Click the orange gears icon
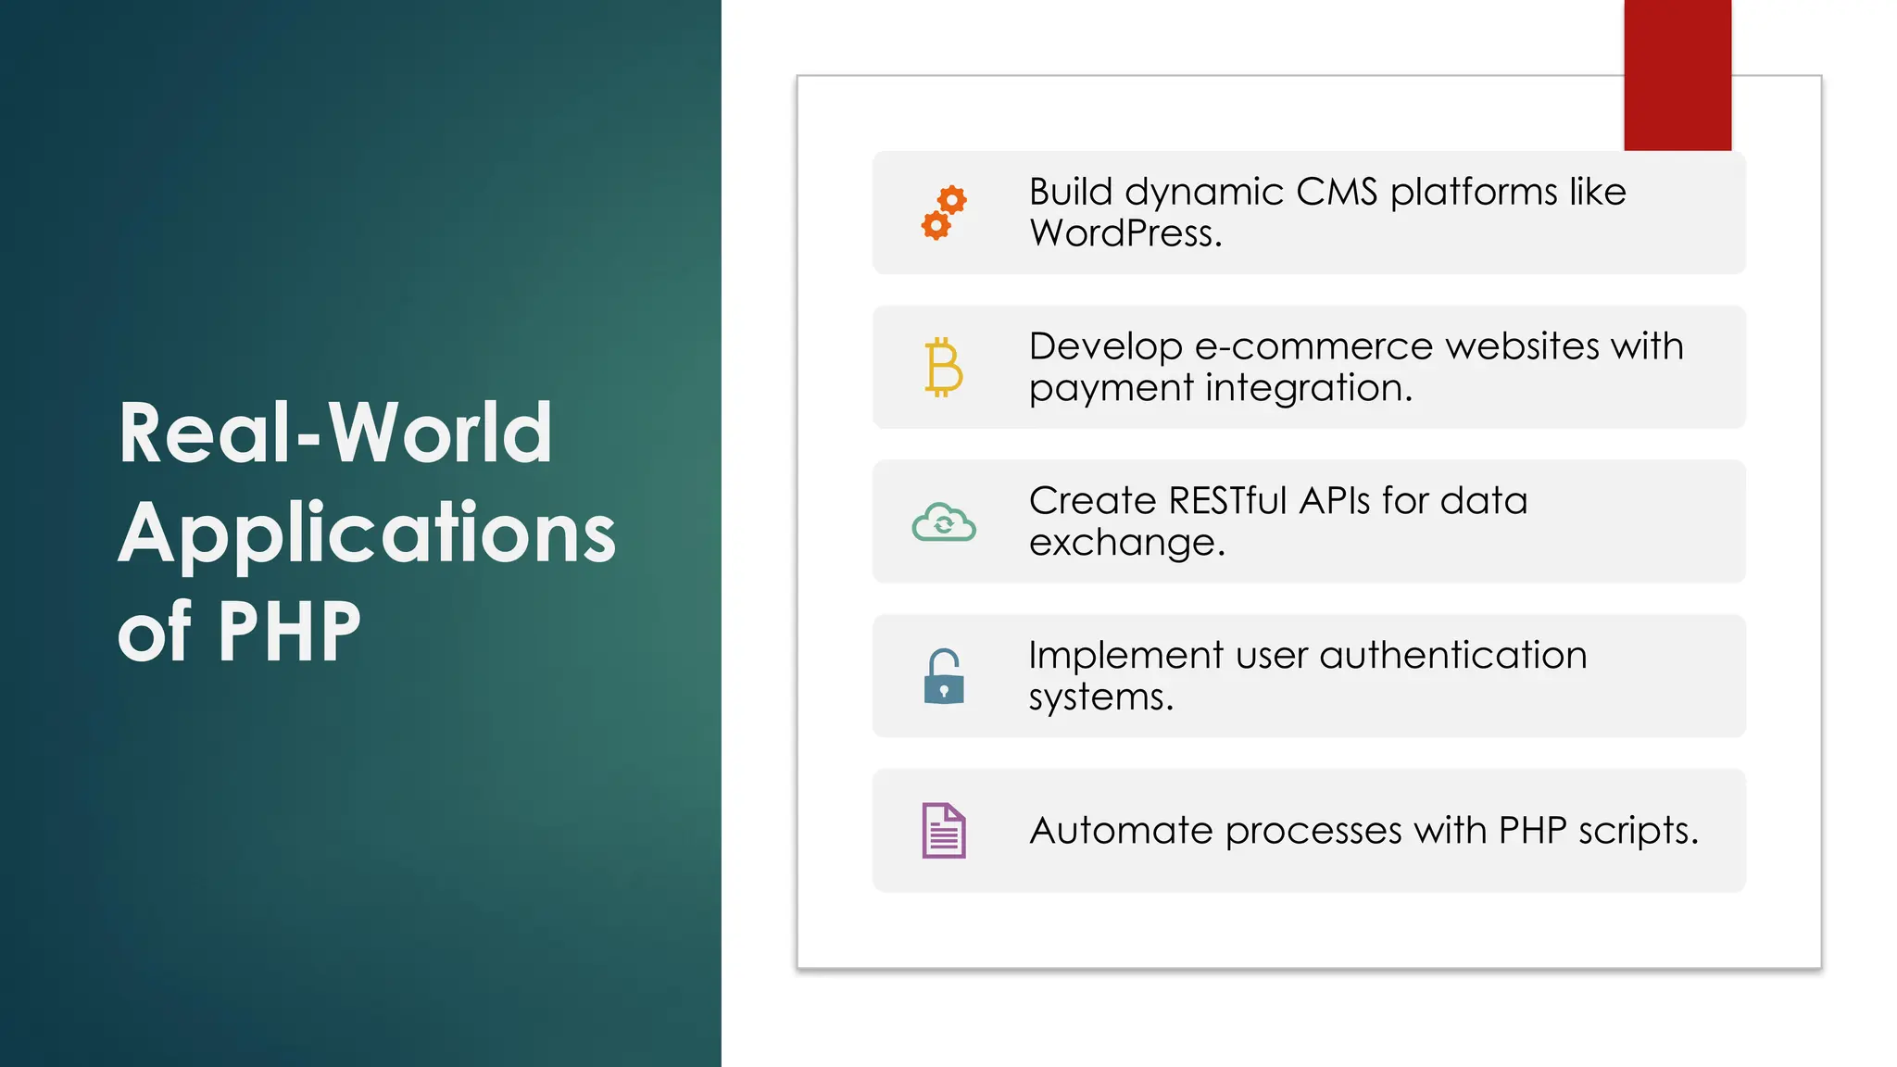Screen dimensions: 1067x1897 (x=944, y=212)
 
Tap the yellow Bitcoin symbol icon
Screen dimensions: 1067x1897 (x=944, y=367)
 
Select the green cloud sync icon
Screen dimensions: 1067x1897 (x=944, y=522)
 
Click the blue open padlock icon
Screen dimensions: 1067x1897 (x=944, y=676)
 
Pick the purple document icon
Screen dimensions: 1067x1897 (x=944, y=830)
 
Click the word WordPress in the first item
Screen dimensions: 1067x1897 (x=1124, y=233)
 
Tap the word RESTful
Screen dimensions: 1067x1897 (x=1228, y=501)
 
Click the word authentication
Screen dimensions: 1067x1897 (x=1452, y=655)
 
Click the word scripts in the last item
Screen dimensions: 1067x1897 (x=1638, y=831)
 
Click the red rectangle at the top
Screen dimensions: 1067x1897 (x=1677, y=74)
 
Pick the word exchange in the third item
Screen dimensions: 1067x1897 (x=1126, y=543)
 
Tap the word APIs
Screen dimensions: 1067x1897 (x=1335, y=501)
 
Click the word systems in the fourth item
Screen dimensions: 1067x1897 (x=1100, y=697)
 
